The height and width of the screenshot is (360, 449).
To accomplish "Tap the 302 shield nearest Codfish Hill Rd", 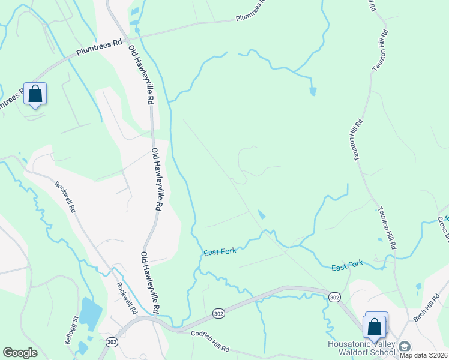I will pyautogui.click(x=218, y=314).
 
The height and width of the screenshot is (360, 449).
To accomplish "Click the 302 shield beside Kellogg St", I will pyautogui.click(x=111, y=341).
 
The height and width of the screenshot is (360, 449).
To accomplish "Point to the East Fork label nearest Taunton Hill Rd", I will pyautogui.click(x=348, y=265).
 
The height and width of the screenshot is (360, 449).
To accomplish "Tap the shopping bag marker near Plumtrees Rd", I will pyautogui.click(x=35, y=94).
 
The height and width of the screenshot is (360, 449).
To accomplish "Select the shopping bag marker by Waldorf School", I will pyautogui.click(x=375, y=328).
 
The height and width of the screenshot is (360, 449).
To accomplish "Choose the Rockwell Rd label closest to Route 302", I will pyautogui.click(x=127, y=299).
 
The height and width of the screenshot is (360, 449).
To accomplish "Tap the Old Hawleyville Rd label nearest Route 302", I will pyautogui.click(x=150, y=282).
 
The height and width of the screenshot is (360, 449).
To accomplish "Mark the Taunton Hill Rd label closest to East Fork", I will pyautogui.click(x=388, y=228).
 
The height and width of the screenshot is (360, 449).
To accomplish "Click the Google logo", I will pyautogui.click(x=20, y=353).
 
